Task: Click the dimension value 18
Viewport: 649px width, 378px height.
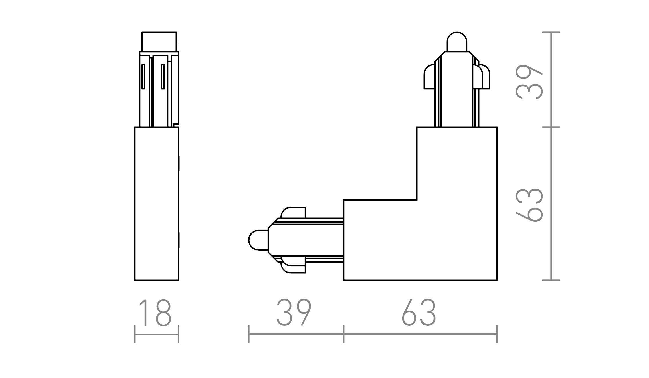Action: [155, 313]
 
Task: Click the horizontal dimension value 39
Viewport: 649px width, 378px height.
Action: [294, 313]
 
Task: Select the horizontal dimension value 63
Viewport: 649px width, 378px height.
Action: [419, 313]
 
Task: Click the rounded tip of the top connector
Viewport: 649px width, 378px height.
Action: [457, 42]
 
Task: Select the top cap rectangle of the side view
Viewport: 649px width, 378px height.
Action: [159, 42]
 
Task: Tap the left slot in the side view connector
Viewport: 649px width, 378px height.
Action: [143, 76]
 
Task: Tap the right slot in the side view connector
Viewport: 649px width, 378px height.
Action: [163, 76]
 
